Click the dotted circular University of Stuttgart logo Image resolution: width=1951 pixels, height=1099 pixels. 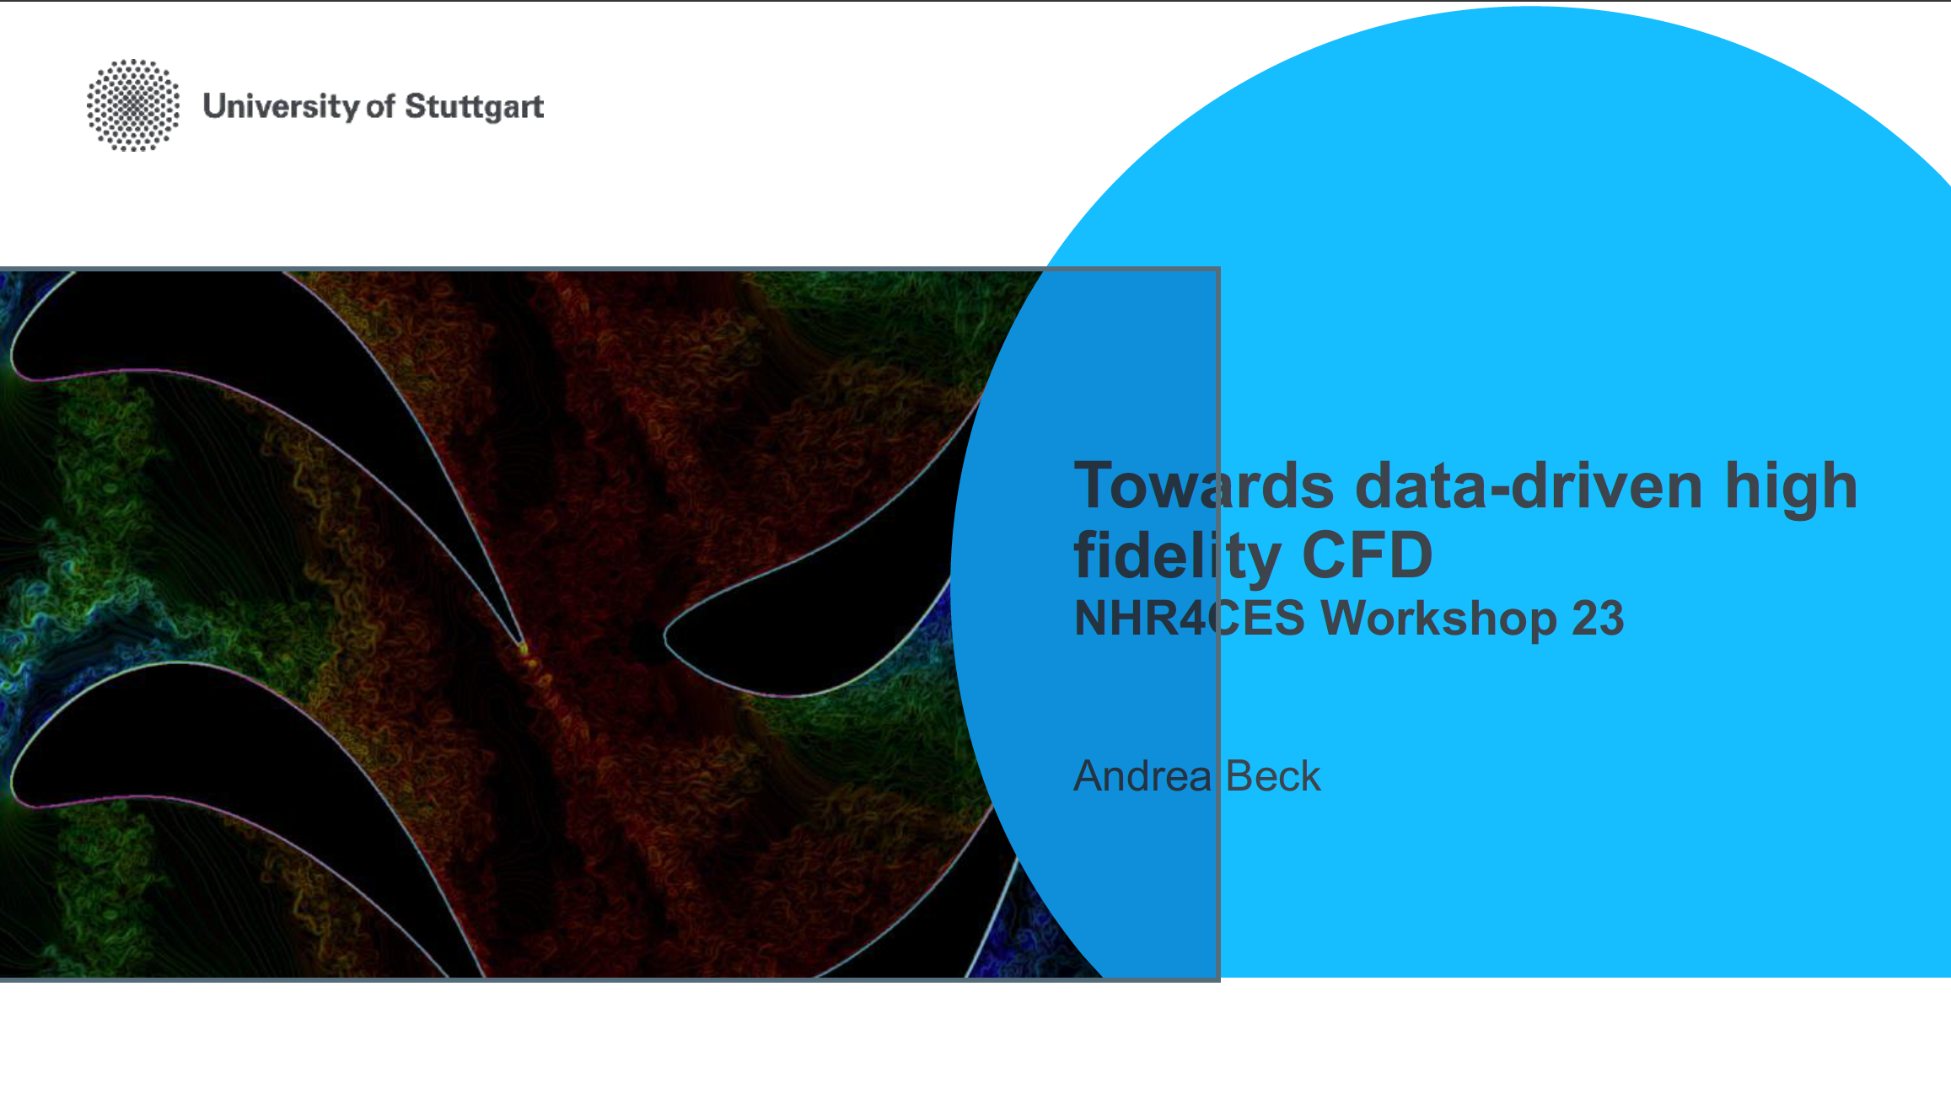point(133,105)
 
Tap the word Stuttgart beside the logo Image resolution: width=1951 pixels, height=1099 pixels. point(475,107)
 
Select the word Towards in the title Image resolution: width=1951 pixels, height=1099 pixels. point(1204,486)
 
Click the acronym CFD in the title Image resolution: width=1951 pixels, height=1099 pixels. point(1368,555)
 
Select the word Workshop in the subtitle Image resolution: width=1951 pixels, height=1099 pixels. point(1438,619)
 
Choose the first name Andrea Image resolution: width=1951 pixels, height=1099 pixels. point(1142,775)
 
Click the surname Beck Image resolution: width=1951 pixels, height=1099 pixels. point(1273,775)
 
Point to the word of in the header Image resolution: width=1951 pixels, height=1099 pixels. point(380,107)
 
